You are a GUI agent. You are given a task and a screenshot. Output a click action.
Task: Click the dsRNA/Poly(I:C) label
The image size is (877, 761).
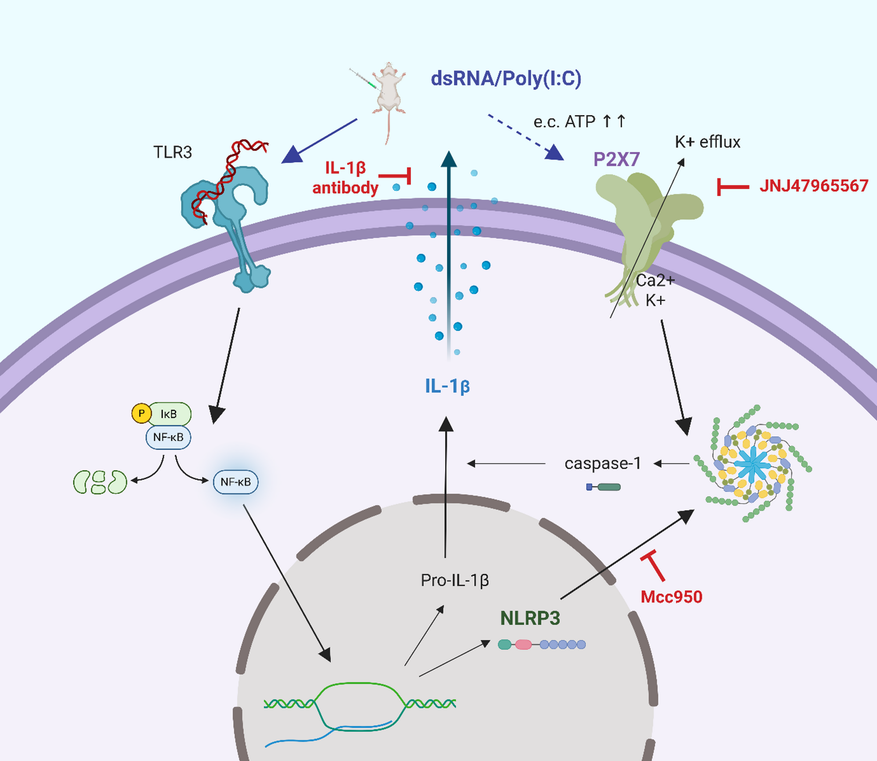click(x=506, y=79)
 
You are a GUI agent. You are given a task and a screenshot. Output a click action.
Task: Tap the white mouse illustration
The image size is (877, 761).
click(x=388, y=92)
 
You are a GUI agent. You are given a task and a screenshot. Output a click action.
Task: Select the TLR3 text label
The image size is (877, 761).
click(x=173, y=152)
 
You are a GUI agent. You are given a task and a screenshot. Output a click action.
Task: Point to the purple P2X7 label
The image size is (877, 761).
click(x=616, y=159)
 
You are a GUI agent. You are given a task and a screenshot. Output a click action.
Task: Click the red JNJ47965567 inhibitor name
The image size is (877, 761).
click(x=814, y=186)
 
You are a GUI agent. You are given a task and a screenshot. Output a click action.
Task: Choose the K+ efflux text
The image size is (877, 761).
click(x=708, y=142)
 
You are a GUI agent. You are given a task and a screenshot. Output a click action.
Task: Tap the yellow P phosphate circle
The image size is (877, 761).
click(x=141, y=413)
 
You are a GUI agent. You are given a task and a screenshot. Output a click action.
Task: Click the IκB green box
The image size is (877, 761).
click(x=169, y=414)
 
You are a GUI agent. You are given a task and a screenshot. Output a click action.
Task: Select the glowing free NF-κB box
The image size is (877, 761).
click(x=235, y=482)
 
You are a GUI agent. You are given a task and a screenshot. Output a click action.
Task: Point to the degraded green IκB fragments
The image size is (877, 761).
click(x=100, y=482)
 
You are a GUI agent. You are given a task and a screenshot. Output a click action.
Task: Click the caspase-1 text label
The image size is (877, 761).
click(x=603, y=463)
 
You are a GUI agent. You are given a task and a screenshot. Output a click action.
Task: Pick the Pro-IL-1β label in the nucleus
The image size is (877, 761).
click(x=455, y=580)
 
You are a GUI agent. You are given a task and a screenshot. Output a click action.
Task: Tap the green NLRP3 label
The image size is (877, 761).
click(x=530, y=618)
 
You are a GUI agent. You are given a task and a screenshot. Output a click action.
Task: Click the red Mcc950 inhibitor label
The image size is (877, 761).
click(x=671, y=597)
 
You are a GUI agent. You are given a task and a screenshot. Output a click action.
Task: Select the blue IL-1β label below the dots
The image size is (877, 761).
click(x=447, y=386)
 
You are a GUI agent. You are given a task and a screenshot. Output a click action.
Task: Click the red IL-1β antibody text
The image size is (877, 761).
click(x=345, y=178)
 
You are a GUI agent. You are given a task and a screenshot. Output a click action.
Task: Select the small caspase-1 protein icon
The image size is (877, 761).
click(x=603, y=487)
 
